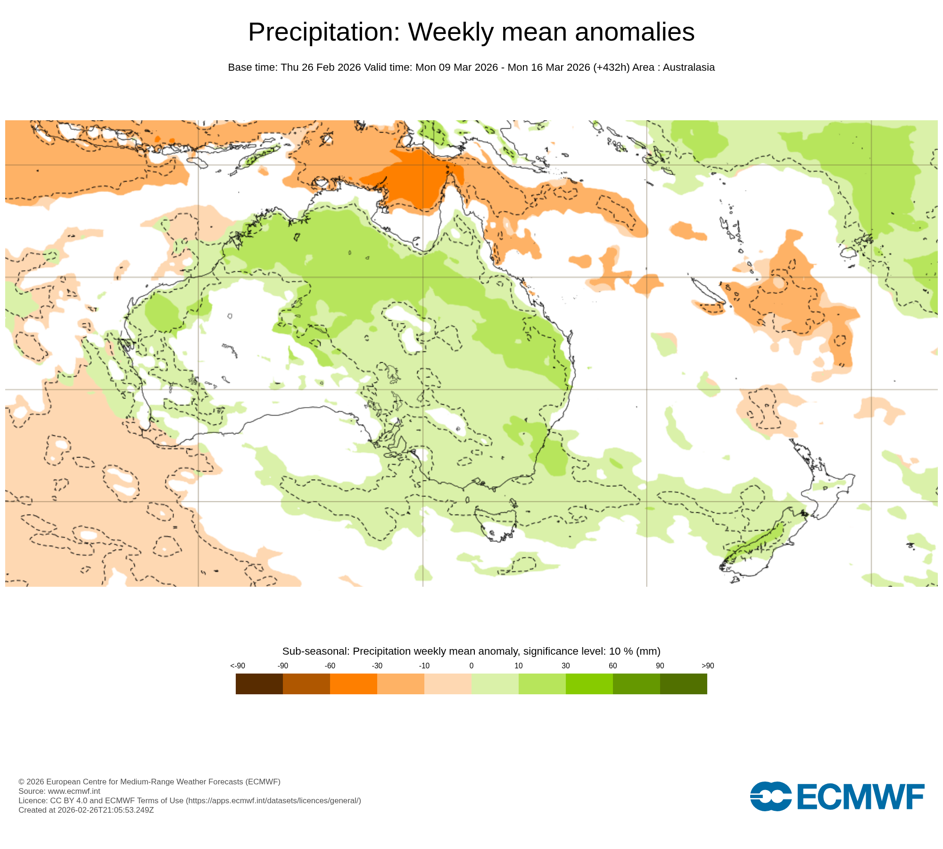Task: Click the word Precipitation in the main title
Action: click(323, 33)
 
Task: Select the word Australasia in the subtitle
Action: click(688, 67)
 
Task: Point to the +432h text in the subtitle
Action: click(611, 67)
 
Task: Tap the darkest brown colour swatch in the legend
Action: click(259, 684)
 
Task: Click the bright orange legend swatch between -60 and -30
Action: click(353, 684)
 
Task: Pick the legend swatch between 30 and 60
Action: click(589, 684)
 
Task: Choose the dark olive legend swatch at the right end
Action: click(683, 684)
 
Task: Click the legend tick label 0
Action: click(471, 666)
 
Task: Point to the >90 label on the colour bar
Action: click(707, 666)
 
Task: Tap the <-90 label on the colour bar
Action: click(238, 666)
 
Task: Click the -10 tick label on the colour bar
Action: click(424, 666)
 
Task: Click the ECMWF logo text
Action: click(860, 797)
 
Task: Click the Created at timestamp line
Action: click(86, 810)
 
